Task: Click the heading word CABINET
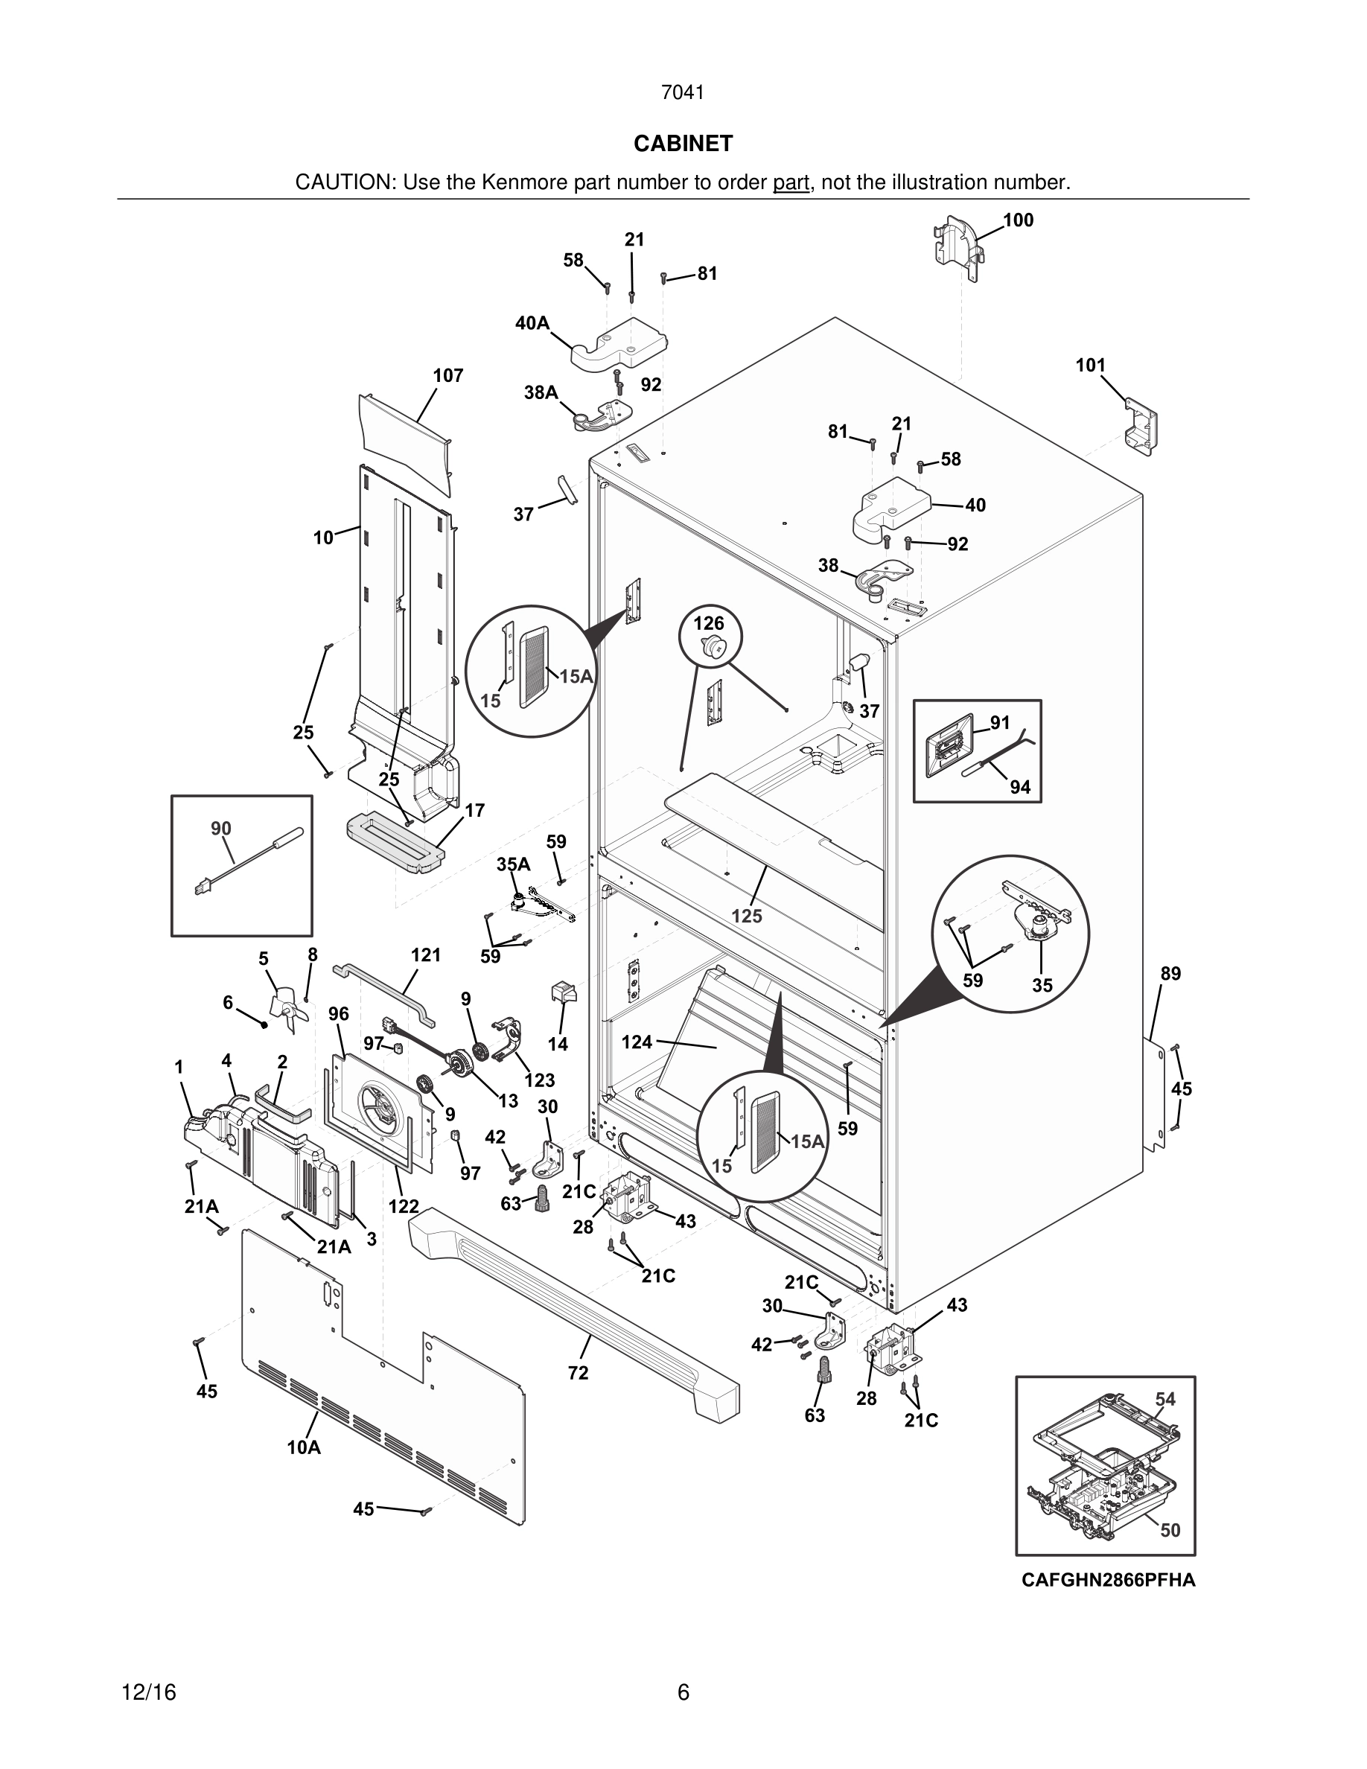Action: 683,144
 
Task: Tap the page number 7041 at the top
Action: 683,93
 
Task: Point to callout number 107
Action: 447,376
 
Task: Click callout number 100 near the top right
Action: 1018,220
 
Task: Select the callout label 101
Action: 1090,366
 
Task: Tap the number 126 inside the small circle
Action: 709,623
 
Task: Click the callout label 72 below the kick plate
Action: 579,1373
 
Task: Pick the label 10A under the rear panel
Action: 304,1447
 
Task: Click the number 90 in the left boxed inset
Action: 221,828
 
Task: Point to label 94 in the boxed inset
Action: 1019,786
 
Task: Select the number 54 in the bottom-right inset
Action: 1164,1399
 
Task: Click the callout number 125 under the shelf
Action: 747,916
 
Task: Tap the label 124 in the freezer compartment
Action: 637,1042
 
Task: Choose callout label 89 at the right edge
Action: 1170,974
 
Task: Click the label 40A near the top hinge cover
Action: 532,323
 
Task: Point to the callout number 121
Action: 426,955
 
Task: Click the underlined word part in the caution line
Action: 791,182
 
